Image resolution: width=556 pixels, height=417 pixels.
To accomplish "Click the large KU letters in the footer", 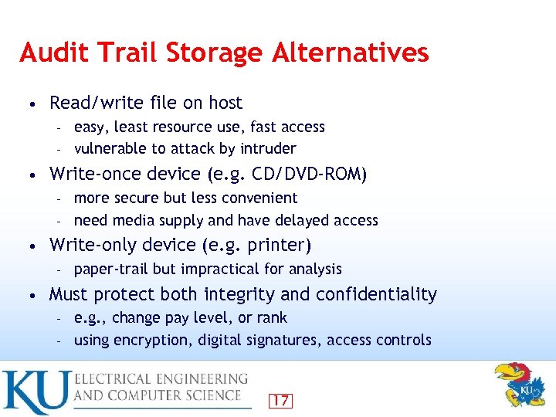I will click(34, 392).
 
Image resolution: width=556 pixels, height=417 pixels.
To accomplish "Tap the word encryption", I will click(147, 340).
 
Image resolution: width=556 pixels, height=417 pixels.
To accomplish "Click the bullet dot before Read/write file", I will click(29, 103).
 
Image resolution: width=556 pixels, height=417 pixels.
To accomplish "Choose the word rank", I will click(271, 317).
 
